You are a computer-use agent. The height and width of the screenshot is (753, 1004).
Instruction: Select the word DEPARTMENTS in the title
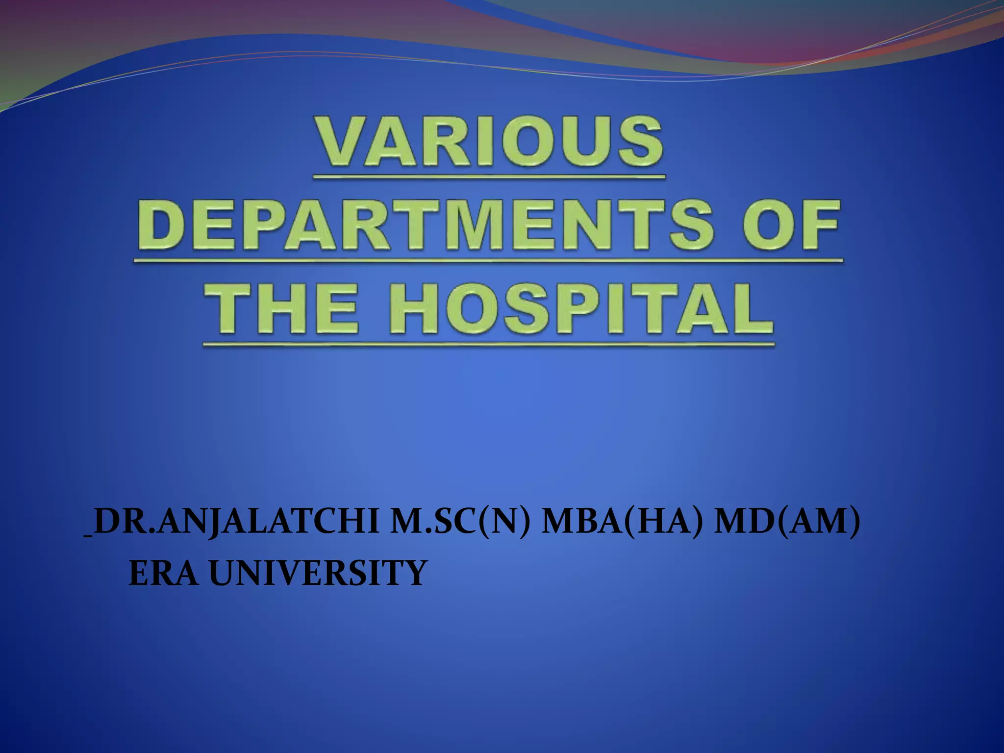tap(425, 225)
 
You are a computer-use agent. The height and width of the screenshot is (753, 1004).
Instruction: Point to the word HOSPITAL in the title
tap(581, 309)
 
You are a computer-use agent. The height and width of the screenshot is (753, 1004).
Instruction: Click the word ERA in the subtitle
tap(163, 573)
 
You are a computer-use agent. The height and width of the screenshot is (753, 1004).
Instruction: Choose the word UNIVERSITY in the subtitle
tap(318, 573)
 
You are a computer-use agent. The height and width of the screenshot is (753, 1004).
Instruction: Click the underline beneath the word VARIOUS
tap(489, 176)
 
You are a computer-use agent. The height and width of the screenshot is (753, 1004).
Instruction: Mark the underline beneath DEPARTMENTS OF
tap(488, 260)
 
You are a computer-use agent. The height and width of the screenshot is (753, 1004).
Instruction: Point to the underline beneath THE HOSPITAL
tap(488, 345)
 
